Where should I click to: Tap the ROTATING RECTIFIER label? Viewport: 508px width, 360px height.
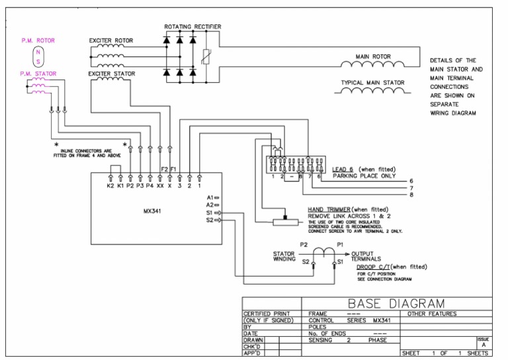pyautogui.click(x=192, y=26)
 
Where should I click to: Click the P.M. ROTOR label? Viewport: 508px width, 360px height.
pyautogui.click(x=38, y=40)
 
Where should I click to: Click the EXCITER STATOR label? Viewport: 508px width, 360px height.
pyautogui.click(x=111, y=73)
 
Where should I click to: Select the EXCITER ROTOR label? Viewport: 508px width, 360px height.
pyautogui.click(x=110, y=40)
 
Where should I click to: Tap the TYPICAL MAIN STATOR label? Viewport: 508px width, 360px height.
pyautogui.click(x=372, y=83)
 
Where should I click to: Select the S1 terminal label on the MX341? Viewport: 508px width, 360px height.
pyautogui.click(x=210, y=212)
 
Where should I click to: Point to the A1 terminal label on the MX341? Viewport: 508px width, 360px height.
pyautogui.click(x=210, y=198)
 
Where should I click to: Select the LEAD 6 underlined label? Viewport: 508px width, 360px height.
pyautogui.click(x=344, y=170)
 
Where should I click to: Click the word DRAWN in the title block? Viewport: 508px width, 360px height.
pyautogui.click(x=254, y=339)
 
